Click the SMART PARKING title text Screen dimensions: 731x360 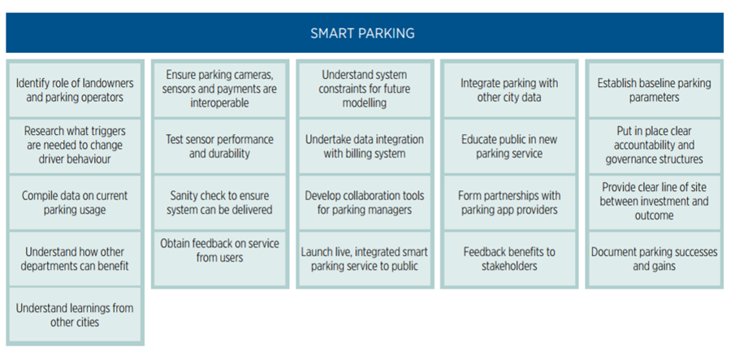(362, 33)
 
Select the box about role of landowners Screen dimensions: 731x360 (75, 90)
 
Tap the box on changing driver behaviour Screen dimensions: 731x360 (75, 145)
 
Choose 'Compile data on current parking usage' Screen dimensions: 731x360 (75, 202)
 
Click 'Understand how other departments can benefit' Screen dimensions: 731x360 (75, 258)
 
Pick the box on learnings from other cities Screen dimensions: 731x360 (75, 314)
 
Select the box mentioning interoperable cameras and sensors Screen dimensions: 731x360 (219, 89)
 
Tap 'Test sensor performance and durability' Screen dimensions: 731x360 (219, 146)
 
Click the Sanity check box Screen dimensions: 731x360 (219, 202)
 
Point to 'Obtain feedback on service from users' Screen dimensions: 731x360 (219, 258)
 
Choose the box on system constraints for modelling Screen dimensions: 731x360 (365, 89)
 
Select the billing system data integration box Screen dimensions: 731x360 (365, 146)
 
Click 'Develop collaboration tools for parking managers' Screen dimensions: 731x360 (365, 202)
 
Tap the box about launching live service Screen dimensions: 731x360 (365, 258)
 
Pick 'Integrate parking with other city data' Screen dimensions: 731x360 (509, 90)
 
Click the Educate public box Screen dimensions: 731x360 (509, 146)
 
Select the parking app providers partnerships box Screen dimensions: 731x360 (509, 202)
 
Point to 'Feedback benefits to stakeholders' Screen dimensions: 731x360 (509, 258)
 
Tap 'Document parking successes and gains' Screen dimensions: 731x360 (654, 258)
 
